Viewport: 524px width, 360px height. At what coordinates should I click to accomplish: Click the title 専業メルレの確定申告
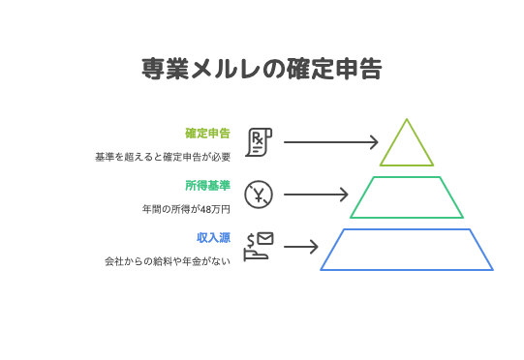coord(262,70)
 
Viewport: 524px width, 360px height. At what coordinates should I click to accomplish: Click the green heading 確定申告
coord(207,133)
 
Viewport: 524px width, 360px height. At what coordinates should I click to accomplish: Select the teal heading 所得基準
coord(207,185)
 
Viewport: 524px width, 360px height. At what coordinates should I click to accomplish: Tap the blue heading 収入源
coord(213,237)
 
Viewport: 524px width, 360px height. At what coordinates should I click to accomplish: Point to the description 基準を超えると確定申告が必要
coord(162,156)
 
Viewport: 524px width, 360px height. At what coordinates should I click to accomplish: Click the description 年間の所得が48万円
coord(186,208)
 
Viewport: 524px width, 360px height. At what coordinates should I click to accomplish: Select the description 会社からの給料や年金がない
coord(167,261)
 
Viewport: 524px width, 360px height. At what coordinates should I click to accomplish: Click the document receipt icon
coord(260,142)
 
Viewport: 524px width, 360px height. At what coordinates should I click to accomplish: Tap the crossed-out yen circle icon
coord(259,195)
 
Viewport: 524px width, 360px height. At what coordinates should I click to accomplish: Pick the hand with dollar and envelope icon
coord(259,247)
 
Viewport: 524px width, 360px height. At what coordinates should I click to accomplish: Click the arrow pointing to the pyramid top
coord(329,142)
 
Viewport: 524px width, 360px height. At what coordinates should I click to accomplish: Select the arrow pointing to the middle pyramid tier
coord(315,195)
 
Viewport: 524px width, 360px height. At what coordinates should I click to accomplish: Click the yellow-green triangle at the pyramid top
coord(407,147)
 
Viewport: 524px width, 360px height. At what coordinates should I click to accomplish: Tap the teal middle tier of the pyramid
coord(407,197)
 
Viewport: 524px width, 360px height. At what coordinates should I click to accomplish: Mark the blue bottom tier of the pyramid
coord(407,250)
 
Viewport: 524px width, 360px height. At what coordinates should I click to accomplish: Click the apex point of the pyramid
coord(407,120)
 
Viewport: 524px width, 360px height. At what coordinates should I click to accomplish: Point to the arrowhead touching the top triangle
coord(374,142)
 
